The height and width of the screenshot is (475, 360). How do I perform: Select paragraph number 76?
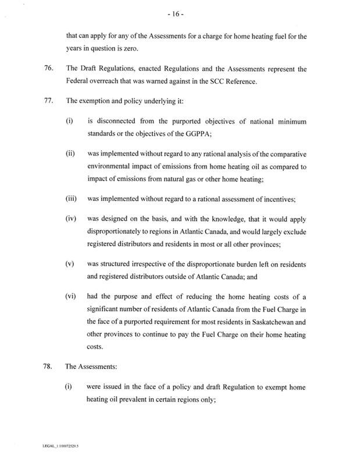pyautogui.click(x=49, y=69)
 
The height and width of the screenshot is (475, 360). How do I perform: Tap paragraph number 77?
pyautogui.click(x=49, y=100)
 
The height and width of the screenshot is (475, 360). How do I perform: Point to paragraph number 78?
pyautogui.click(x=49, y=368)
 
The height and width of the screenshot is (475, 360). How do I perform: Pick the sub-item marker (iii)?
pyautogui.click(x=71, y=199)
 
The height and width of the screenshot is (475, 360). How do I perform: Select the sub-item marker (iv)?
pyautogui.click(x=70, y=222)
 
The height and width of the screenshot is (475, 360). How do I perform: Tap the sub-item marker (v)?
pyautogui.click(x=70, y=263)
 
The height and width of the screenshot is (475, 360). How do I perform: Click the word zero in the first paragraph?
pyautogui.click(x=128, y=48)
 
